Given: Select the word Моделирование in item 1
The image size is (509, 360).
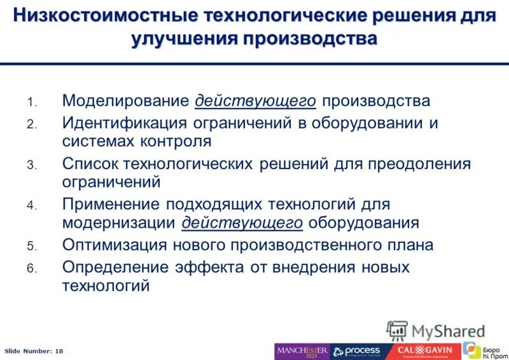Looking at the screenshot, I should pos(125,100).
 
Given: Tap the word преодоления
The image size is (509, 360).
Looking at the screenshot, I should pos(418,163).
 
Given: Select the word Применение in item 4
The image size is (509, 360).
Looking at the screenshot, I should pos(111,204).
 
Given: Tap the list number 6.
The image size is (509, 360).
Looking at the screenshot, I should pos(32,268).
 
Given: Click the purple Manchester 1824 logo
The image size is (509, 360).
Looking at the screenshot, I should pos(302,351).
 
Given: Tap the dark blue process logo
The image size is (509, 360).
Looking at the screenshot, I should pos(356,351).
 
